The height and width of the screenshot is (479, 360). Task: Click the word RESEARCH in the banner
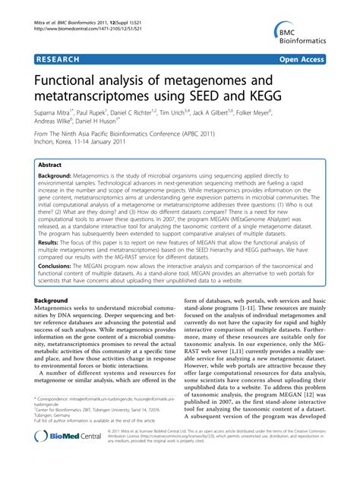click(59, 57)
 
